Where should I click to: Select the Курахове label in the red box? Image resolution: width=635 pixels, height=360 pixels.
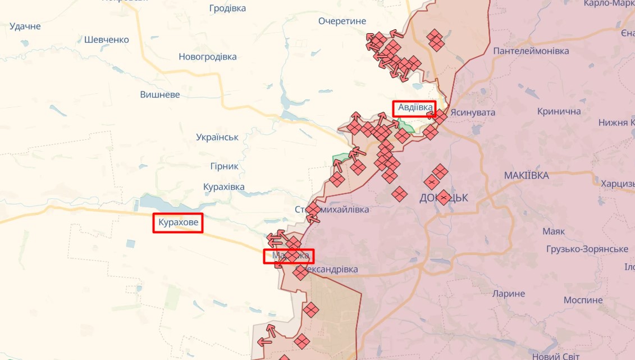point(178,223)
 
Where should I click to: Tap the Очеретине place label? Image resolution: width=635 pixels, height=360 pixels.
point(342,21)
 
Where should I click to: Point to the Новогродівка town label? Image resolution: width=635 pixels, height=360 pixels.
point(207,57)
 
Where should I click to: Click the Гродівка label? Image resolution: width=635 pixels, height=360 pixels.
point(227,8)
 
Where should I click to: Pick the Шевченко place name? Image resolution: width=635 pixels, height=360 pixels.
point(106,40)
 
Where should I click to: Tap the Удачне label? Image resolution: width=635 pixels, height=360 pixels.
point(25,26)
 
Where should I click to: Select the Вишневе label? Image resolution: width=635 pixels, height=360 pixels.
point(160,94)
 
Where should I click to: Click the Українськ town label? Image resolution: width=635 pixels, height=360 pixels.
point(217,137)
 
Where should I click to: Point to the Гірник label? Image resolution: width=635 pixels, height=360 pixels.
point(224,166)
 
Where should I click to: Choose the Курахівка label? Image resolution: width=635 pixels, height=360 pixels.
point(224,186)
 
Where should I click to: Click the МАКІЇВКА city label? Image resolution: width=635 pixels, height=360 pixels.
point(526,176)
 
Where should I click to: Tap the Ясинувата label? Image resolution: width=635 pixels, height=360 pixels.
point(473,112)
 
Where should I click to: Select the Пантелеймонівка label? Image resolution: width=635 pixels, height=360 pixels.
point(531,51)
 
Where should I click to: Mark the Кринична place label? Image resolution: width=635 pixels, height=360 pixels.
point(559,111)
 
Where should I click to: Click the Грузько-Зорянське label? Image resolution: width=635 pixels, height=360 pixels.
point(587,249)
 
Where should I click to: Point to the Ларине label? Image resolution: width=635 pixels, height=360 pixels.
point(508,293)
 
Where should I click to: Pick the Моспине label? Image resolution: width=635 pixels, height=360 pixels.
point(583,300)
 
